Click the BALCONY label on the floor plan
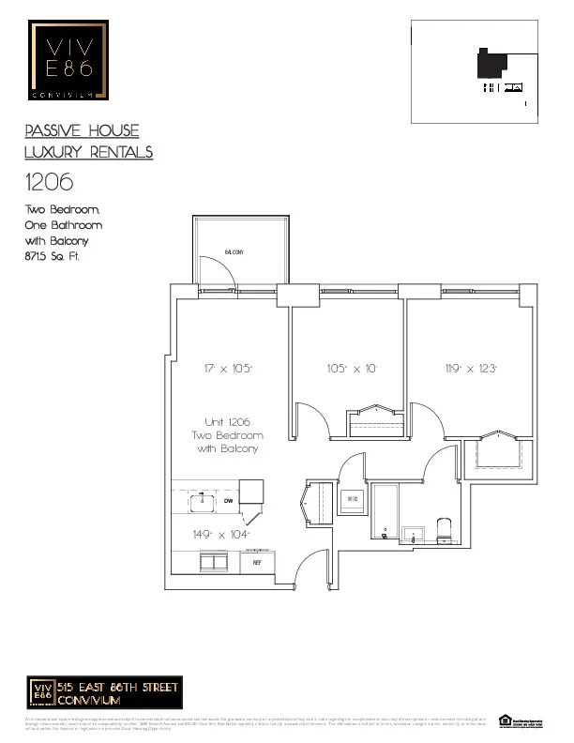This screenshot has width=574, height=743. tap(235, 253)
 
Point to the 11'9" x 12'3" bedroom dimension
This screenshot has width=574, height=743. tap(471, 370)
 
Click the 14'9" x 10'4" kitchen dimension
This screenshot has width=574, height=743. tap(217, 534)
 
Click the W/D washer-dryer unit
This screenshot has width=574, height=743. tap(353, 499)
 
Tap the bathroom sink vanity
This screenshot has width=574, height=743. tap(414, 536)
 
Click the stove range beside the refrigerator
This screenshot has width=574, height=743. tap(216, 563)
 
